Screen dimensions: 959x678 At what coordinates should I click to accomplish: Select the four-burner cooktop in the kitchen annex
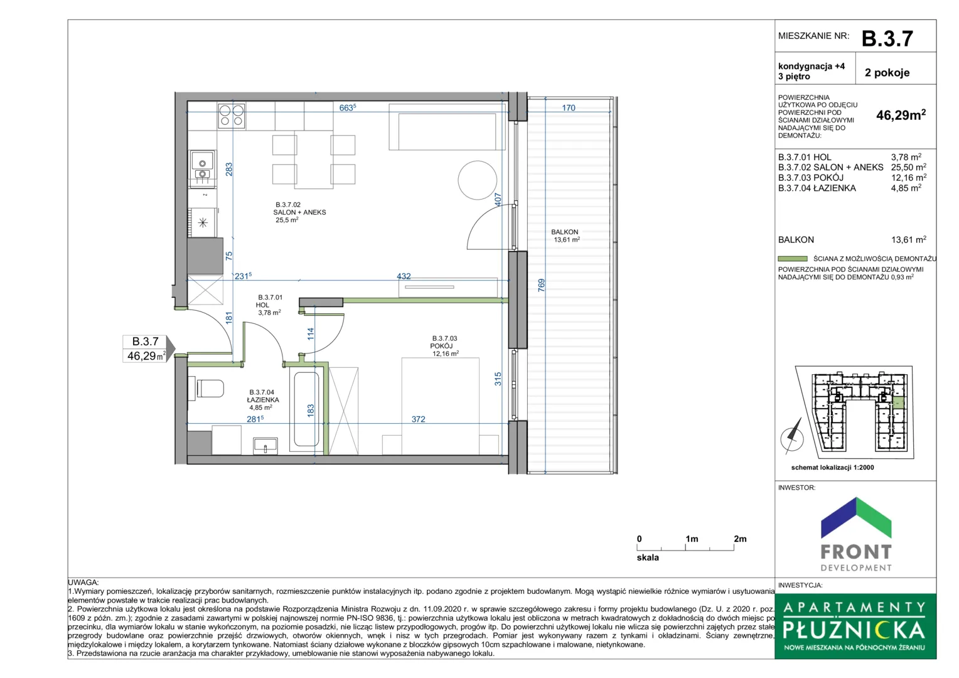click(x=231, y=116)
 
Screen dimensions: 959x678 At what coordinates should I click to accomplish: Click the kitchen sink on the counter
click(x=202, y=169)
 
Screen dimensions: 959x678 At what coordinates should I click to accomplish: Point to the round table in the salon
click(x=478, y=180)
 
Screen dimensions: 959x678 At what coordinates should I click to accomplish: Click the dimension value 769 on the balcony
click(x=542, y=285)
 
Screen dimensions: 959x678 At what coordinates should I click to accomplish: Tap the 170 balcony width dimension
click(x=569, y=108)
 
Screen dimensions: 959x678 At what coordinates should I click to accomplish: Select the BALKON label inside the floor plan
click(x=565, y=232)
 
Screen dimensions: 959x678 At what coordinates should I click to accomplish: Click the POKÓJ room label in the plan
click(x=441, y=346)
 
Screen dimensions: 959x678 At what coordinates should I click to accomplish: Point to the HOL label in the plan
click(x=262, y=305)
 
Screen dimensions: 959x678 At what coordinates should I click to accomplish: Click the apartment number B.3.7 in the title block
click(x=887, y=38)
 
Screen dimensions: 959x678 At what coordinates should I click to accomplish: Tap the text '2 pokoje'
click(x=887, y=72)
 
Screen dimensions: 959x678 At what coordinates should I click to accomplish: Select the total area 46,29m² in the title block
click(x=901, y=115)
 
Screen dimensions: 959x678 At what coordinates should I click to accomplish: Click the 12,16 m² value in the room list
click(x=909, y=177)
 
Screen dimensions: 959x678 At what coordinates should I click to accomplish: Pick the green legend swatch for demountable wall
click(x=793, y=259)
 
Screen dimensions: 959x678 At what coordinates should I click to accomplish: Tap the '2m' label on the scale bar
click(x=740, y=539)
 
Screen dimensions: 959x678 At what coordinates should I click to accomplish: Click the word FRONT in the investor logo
click(x=856, y=552)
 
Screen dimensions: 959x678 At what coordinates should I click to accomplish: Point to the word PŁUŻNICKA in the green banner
click(x=854, y=630)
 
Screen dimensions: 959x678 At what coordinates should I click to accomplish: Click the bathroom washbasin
click(x=265, y=446)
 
